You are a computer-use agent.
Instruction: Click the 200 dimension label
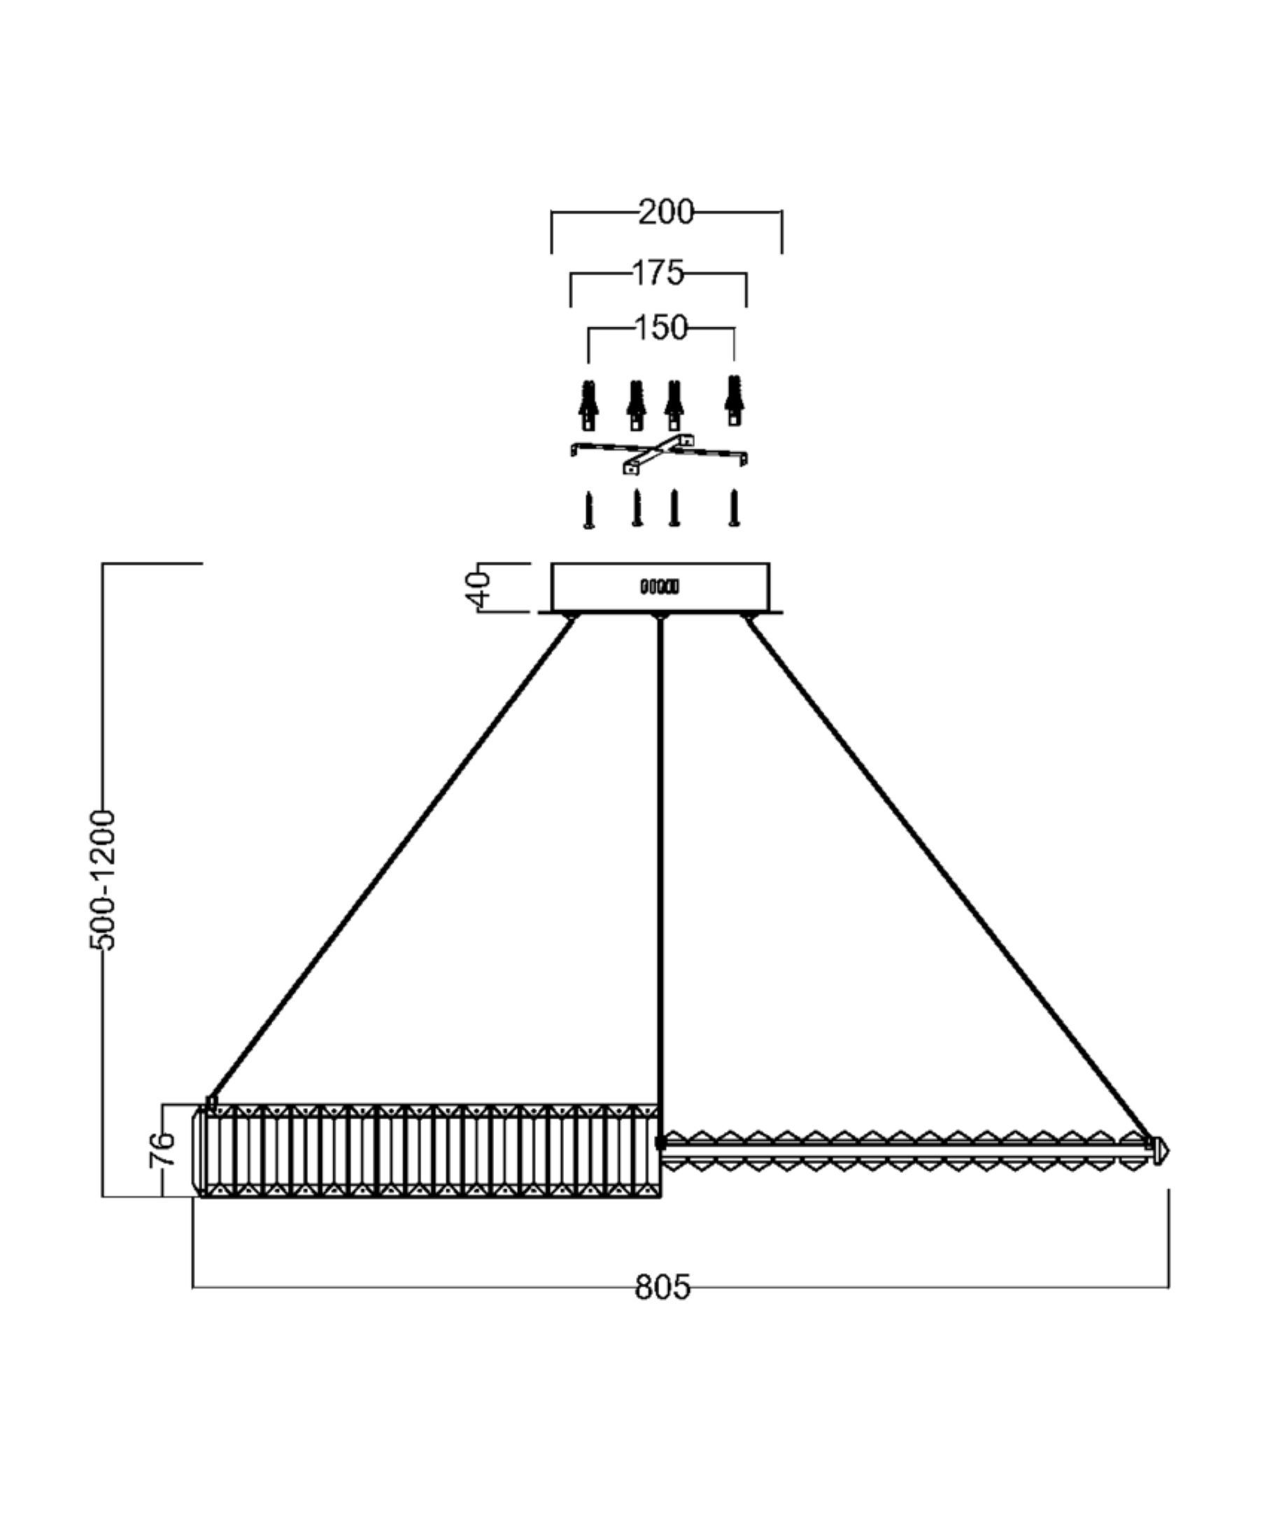point(666,212)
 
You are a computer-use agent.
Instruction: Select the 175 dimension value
point(658,274)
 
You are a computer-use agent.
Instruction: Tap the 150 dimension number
point(661,328)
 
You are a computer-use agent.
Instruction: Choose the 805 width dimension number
point(662,1286)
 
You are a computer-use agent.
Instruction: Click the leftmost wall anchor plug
point(589,405)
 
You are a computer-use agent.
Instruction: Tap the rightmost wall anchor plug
point(735,402)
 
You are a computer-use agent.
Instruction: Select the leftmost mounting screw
point(589,509)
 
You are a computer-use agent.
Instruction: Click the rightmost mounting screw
point(735,507)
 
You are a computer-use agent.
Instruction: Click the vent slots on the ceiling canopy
point(660,586)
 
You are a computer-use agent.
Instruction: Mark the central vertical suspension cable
point(660,872)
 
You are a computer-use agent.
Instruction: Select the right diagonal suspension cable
point(945,879)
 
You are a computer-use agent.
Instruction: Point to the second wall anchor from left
point(637,405)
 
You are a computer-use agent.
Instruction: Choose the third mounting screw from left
point(674,508)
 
